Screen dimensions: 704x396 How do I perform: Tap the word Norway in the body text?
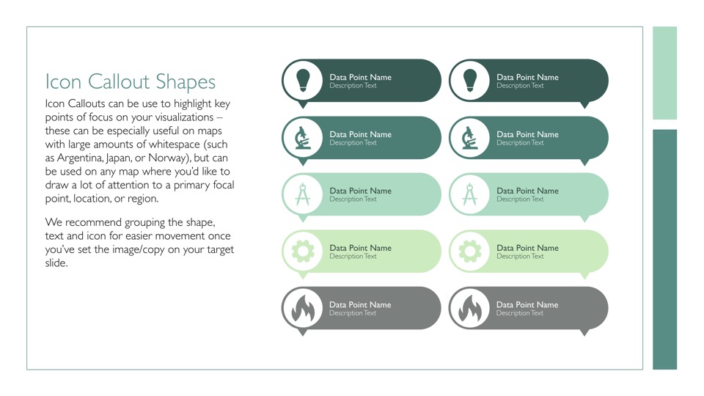coord(167,158)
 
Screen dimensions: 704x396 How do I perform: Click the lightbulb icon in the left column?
coord(303,81)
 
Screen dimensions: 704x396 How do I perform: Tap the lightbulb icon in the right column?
coord(470,81)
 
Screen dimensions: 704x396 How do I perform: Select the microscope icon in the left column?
coord(303,138)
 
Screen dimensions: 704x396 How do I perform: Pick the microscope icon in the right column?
coord(469,138)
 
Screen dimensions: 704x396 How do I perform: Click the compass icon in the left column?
coord(303,194)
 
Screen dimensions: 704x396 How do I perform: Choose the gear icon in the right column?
coord(470,252)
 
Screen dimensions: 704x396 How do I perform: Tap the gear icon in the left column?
coord(303,252)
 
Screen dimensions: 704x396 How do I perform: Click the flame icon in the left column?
coord(303,309)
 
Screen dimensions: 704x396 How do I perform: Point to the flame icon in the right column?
coord(470,309)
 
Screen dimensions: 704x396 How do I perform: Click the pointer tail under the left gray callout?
coord(303,332)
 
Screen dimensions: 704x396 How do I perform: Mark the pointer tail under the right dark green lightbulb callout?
coord(584,105)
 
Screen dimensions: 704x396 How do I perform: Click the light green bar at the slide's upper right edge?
coord(664,73)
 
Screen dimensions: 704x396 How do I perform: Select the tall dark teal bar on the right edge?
coord(664,249)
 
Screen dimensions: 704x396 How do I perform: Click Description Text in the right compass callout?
coord(520,199)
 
